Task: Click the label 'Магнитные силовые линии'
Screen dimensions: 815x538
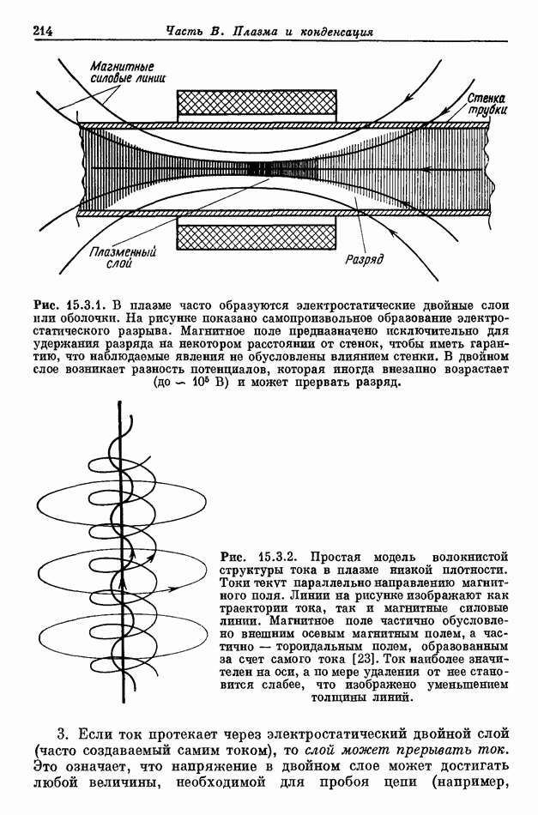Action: tap(128, 71)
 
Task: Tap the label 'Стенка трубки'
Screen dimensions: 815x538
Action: tap(486, 105)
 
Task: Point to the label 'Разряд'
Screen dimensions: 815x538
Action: tap(363, 258)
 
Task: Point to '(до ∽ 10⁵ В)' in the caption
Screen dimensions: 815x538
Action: tap(185, 383)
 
